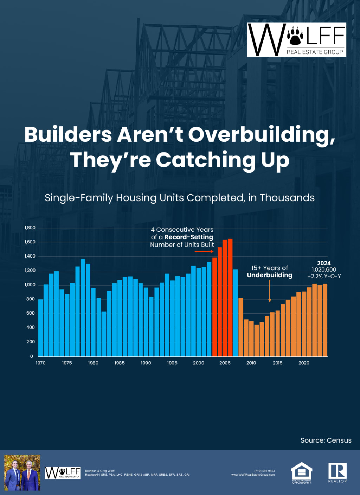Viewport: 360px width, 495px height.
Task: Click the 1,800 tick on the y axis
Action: (30, 228)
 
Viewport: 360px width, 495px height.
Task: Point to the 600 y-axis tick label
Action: (30, 313)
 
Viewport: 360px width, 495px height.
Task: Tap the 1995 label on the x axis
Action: (172, 363)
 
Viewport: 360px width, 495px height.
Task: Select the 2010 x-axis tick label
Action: (251, 363)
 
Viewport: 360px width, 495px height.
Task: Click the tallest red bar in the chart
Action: (230, 297)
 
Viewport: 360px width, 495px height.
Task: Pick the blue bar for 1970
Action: (41, 327)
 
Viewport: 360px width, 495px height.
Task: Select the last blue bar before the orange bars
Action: (236, 313)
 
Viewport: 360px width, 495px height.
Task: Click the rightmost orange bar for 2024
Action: (325, 320)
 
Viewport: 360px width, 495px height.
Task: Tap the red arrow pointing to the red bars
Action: (205, 252)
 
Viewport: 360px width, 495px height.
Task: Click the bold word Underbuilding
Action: (270, 275)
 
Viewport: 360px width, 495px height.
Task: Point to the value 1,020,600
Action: (324, 269)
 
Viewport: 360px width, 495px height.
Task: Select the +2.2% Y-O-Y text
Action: (324, 276)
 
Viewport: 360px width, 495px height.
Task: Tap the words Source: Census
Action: (326, 440)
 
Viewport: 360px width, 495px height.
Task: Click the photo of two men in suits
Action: (22, 472)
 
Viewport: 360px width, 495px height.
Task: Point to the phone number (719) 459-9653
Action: (264, 471)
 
